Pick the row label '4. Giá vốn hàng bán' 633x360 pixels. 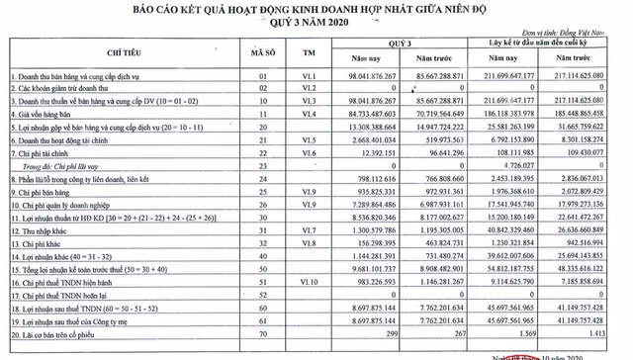point(47,115)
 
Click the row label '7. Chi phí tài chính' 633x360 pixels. point(45,156)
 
